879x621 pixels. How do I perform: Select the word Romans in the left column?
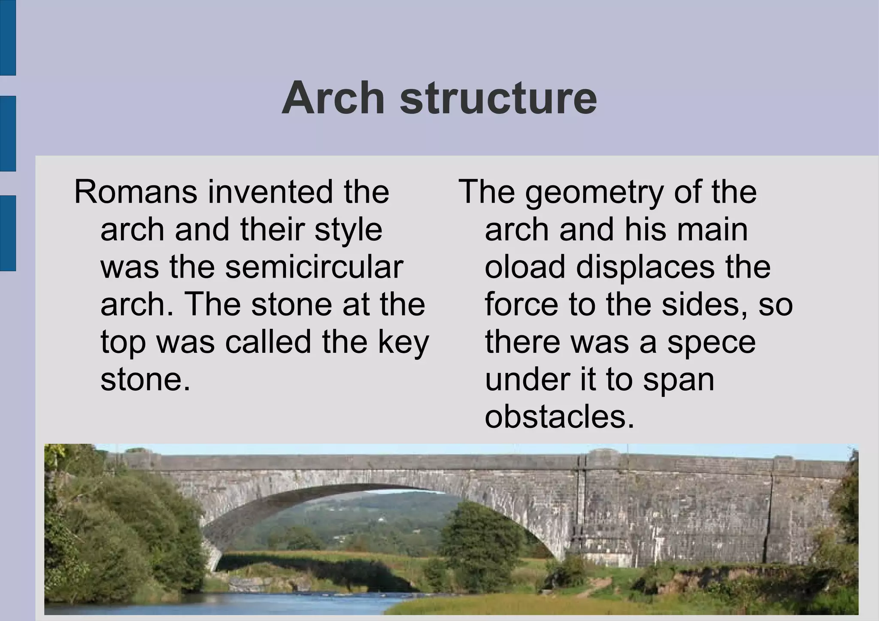pyautogui.click(x=136, y=192)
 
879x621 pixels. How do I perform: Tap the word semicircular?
pyautogui.click(x=314, y=267)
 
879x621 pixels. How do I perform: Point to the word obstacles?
pyautogui.click(x=559, y=417)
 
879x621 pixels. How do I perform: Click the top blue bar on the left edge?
pyautogui.click(x=8, y=37)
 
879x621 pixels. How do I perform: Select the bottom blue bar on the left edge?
pyautogui.click(x=8, y=233)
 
